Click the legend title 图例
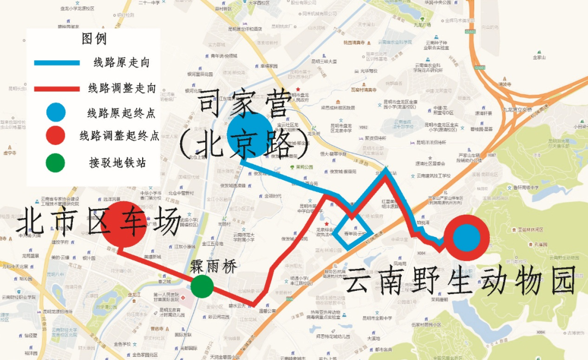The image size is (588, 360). pyautogui.click(x=94, y=39)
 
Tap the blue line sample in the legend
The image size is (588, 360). pyautogui.click(x=57, y=63)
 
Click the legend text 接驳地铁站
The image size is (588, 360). pyautogui.click(x=117, y=162)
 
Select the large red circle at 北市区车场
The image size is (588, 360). pyautogui.click(x=125, y=224)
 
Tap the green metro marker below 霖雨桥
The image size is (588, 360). pyautogui.click(x=202, y=286)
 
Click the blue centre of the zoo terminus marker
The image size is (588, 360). pyautogui.click(x=467, y=238)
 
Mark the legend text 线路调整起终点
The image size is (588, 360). pyautogui.click(x=119, y=136)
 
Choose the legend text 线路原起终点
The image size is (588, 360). pyautogui.click(x=121, y=113)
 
